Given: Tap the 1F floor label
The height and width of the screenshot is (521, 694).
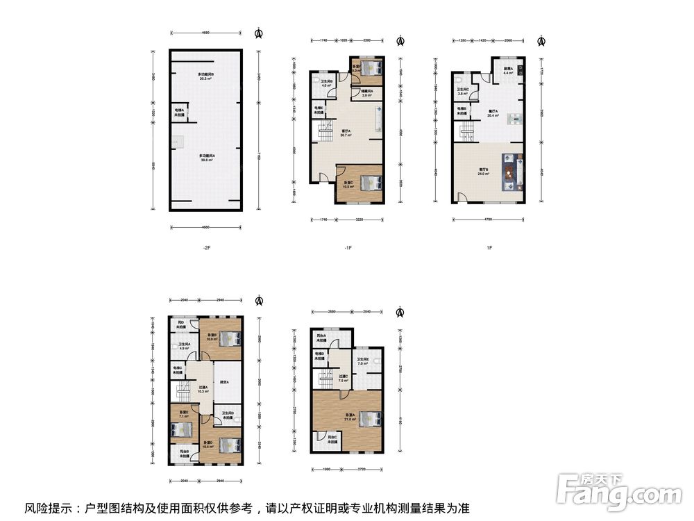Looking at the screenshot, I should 489,247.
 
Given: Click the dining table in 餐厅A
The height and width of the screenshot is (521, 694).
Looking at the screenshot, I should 516,119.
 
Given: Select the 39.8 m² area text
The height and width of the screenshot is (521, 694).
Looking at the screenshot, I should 206,160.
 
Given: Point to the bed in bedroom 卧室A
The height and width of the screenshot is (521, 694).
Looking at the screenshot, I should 369,419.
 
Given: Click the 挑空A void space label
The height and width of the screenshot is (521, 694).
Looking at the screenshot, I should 224,383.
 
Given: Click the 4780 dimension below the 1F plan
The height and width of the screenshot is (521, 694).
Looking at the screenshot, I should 487,220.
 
